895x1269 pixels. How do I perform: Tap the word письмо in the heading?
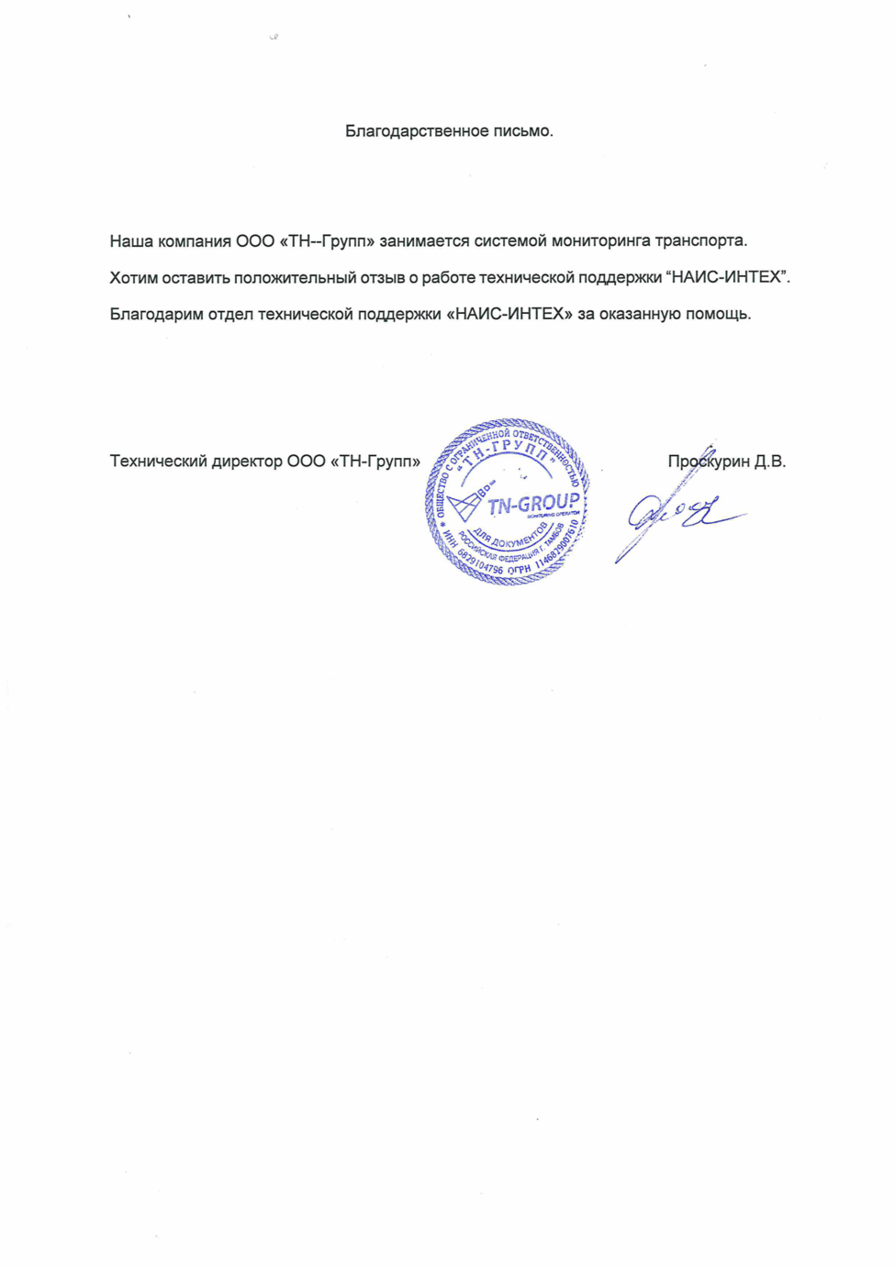(521, 131)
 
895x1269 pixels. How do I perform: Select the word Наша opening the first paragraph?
(131, 241)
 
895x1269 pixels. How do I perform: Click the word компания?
(195, 241)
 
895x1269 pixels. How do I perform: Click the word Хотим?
(133, 277)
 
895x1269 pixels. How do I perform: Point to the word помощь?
(718, 314)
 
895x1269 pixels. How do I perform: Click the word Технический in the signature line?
(158, 461)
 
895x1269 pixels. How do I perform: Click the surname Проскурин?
(709, 461)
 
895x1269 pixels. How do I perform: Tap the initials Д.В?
(770, 461)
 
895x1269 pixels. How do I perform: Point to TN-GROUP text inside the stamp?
(532, 505)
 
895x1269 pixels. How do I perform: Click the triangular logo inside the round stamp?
(465, 505)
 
